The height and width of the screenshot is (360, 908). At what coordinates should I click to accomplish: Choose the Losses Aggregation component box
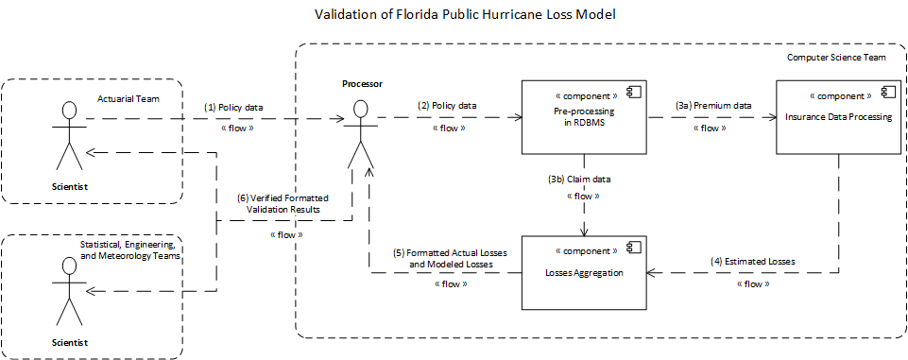click(583, 272)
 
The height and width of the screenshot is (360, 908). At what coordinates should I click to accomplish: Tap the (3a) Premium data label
click(713, 105)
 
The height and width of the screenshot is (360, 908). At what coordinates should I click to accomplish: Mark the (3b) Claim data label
click(583, 178)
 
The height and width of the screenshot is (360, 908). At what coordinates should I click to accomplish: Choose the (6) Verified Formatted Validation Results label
click(283, 204)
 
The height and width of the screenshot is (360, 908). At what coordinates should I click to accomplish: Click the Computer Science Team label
click(836, 58)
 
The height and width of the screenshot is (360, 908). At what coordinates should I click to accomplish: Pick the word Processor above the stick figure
click(362, 84)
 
